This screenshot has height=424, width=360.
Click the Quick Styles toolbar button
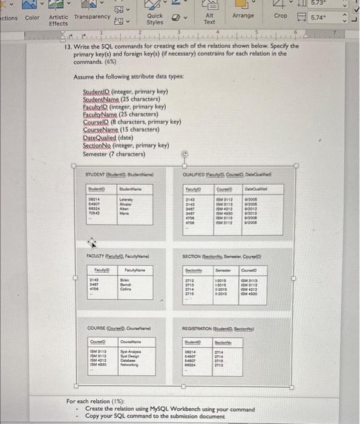point(155,19)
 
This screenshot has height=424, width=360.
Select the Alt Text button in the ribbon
point(210,18)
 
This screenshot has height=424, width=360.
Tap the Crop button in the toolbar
point(281,15)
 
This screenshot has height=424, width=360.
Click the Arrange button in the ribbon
point(243,15)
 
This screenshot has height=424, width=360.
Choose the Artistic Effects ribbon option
point(59,20)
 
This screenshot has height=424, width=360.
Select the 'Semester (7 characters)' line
point(115,153)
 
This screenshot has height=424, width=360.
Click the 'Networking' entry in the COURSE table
point(132,366)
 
